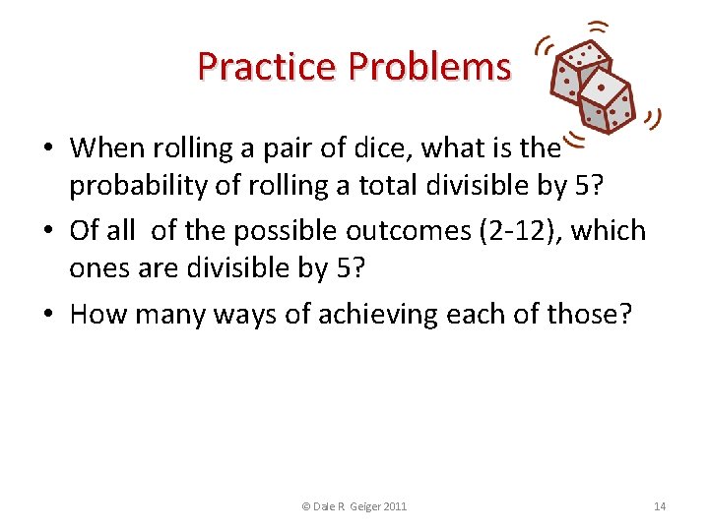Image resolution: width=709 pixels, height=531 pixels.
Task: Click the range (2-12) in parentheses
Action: pos(516,231)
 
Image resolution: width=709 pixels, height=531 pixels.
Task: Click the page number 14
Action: pos(660,506)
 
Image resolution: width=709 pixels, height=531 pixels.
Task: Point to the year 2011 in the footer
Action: pos(396,506)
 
